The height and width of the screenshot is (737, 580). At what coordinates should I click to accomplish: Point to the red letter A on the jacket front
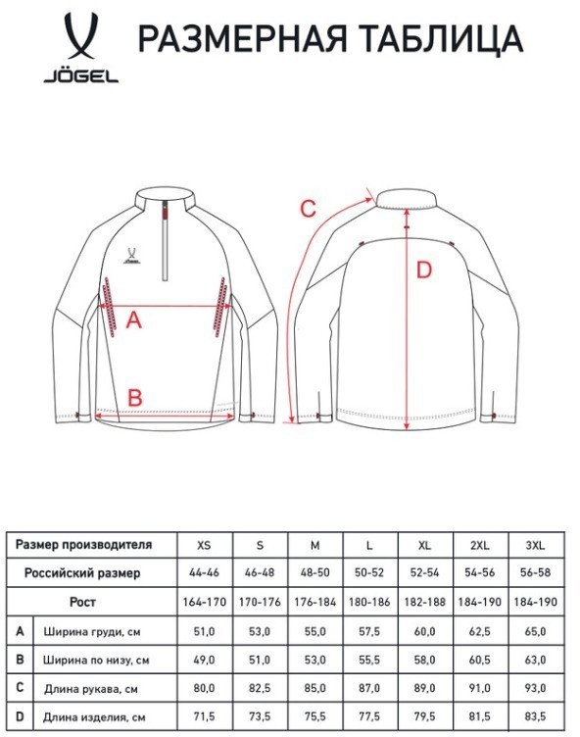coord(135,319)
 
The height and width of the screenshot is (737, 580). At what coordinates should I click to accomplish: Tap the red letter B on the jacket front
coord(135,396)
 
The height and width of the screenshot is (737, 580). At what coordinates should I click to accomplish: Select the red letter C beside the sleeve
coord(307,209)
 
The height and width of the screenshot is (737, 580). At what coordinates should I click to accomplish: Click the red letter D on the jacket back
coord(423,270)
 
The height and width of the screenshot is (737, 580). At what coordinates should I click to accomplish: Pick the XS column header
coord(204,544)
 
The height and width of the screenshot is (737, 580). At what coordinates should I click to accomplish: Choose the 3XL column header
coord(536,544)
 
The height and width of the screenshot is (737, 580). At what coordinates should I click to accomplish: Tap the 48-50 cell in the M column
coord(314,572)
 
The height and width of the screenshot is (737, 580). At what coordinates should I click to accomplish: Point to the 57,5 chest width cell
coord(370,631)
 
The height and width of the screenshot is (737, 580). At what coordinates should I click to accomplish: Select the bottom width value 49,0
coord(204,661)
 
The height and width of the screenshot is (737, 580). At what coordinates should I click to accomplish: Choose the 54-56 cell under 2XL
coord(481,572)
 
